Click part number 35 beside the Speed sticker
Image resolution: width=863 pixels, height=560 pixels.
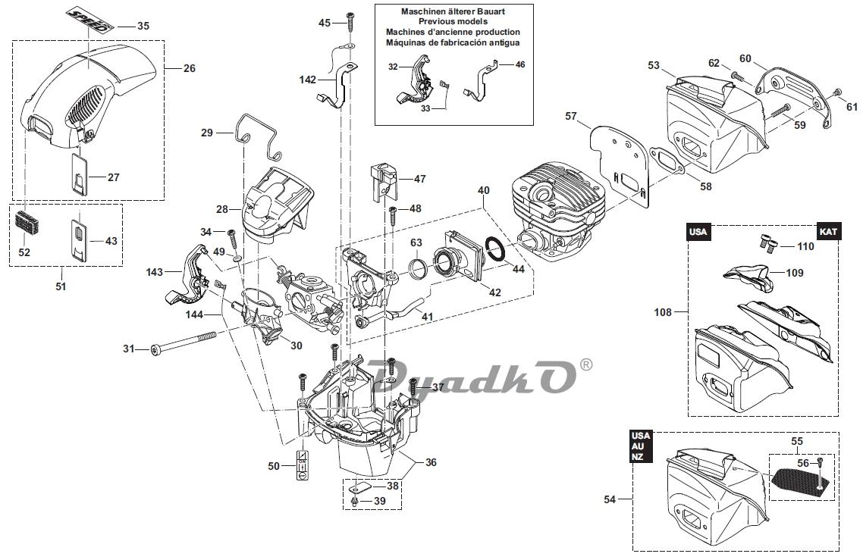143,26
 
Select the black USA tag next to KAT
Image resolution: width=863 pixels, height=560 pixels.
700,232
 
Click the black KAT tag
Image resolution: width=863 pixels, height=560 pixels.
827,232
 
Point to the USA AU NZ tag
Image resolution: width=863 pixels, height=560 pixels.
642,447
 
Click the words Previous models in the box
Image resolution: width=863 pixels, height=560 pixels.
452,22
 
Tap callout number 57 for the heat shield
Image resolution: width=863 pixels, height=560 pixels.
571,116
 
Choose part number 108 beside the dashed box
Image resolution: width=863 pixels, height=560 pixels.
664,311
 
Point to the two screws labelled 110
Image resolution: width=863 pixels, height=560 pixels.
767,243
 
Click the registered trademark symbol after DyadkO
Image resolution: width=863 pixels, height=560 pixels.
585,364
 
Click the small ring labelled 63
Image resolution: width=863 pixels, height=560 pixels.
416,267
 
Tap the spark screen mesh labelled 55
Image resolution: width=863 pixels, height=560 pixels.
798,477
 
